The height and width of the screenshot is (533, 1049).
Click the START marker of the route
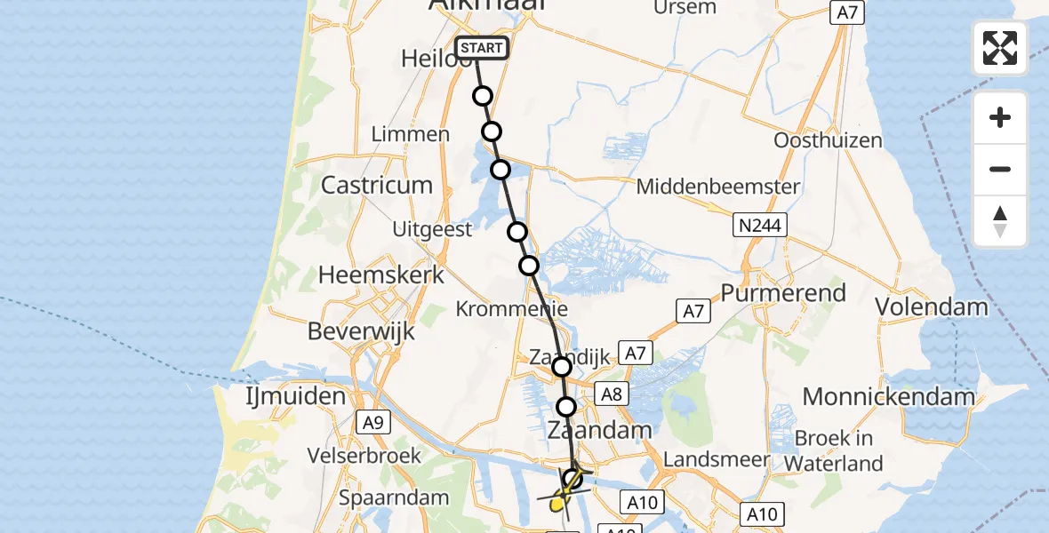(482, 48)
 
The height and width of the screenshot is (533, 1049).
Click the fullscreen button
(1000, 48)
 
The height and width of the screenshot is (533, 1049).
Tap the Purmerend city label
(783, 293)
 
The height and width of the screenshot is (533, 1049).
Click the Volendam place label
(932, 307)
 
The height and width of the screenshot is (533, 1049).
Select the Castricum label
(377, 186)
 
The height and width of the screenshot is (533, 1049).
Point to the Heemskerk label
(381, 275)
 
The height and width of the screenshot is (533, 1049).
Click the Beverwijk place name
(362, 331)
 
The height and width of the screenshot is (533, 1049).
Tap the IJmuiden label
(296, 395)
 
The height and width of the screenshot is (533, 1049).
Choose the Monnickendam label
(889, 396)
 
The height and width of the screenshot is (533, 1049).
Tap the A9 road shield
(372, 424)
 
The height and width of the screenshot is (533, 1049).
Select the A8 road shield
(611, 394)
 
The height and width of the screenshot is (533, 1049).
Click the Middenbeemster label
(718, 187)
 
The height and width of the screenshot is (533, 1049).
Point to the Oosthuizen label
(828, 140)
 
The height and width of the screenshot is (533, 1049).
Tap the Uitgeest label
(432, 229)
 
